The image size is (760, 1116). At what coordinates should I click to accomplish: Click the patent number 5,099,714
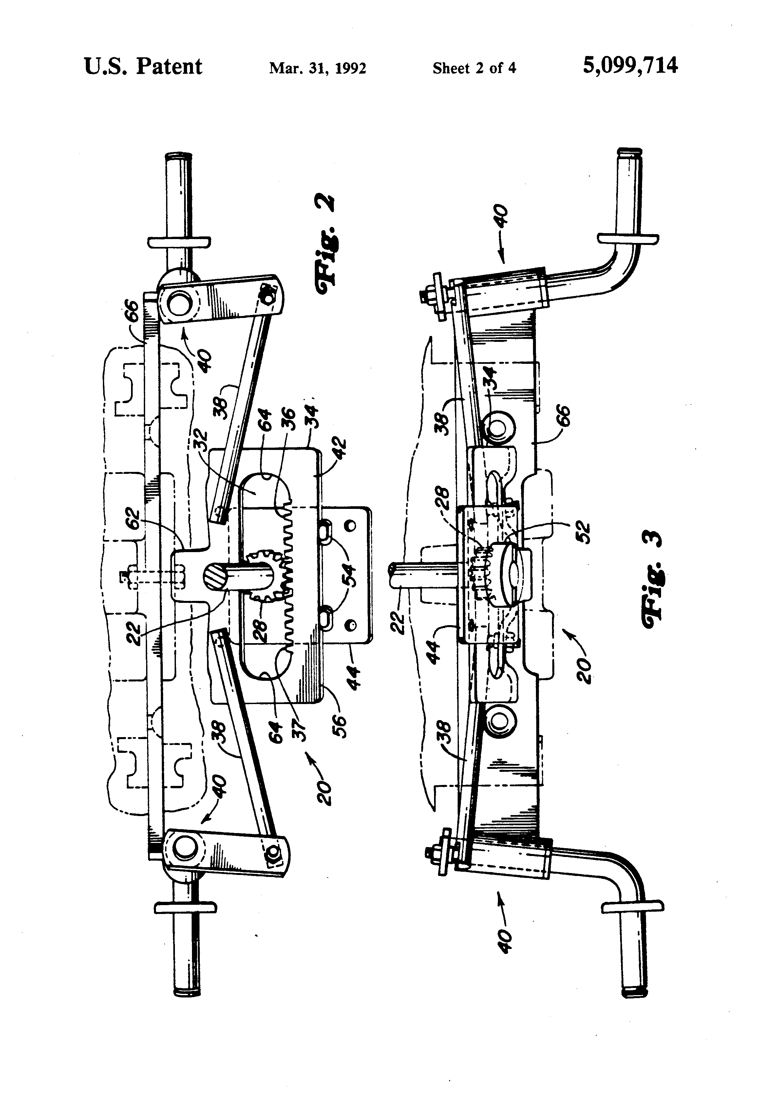(x=630, y=66)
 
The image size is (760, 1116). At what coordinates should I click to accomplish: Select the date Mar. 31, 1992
(x=317, y=68)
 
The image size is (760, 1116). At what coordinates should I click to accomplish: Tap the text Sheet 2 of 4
(x=474, y=68)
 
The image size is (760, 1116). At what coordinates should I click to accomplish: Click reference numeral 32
(x=202, y=444)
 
